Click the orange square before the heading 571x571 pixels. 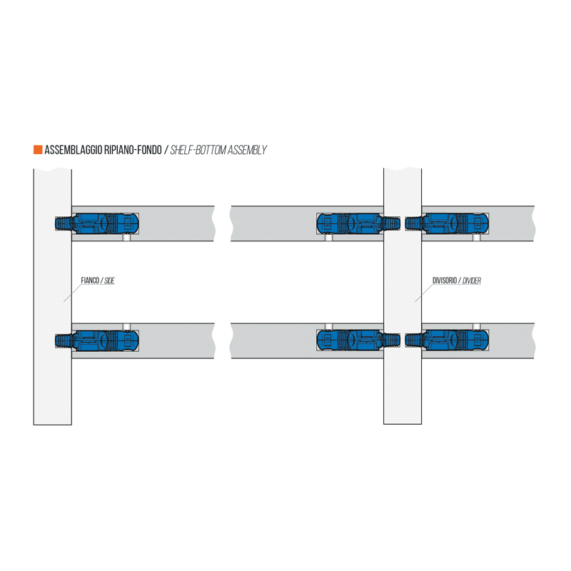38,150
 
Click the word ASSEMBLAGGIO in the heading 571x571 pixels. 74,150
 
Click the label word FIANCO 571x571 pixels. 89,281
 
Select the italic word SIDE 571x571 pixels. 109,281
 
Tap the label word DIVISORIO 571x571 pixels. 444,281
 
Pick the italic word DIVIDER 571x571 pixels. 472,281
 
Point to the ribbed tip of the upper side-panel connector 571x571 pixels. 64,223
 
